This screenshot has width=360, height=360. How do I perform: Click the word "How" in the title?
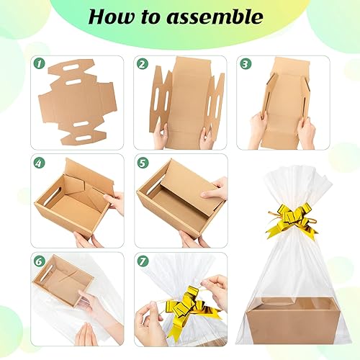114,17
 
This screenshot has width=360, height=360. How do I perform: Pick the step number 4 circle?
39,163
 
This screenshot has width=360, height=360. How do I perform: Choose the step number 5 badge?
143,163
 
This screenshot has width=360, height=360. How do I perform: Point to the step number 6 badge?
39,261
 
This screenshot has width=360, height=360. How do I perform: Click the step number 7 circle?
143,261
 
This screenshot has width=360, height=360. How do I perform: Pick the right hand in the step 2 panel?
207,135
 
